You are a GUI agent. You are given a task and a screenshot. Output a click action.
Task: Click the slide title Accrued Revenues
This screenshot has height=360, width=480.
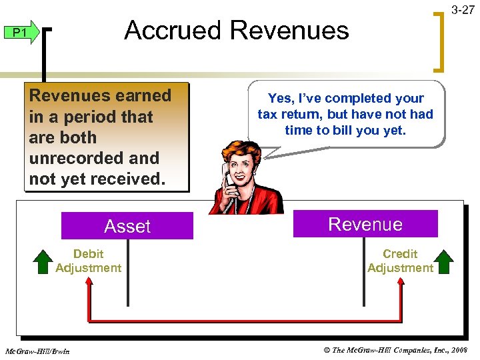[236, 31]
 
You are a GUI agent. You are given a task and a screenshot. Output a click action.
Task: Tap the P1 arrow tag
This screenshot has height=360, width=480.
[21, 33]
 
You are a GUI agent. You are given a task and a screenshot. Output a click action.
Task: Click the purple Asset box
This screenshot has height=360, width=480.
[127, 226]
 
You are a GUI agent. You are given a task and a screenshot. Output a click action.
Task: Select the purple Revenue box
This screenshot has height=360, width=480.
[365, 224]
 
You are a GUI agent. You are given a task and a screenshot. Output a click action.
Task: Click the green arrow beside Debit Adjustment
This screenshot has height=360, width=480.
[43, 261]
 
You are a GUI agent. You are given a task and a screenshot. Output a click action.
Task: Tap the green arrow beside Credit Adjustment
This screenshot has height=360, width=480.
[445, 261]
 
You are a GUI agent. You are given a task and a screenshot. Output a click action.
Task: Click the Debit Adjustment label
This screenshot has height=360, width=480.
[88, 261]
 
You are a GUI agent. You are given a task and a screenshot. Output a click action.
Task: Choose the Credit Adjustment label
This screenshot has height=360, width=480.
[400, 261]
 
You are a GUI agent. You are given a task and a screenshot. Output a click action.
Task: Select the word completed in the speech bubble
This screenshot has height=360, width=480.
[361, 98]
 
